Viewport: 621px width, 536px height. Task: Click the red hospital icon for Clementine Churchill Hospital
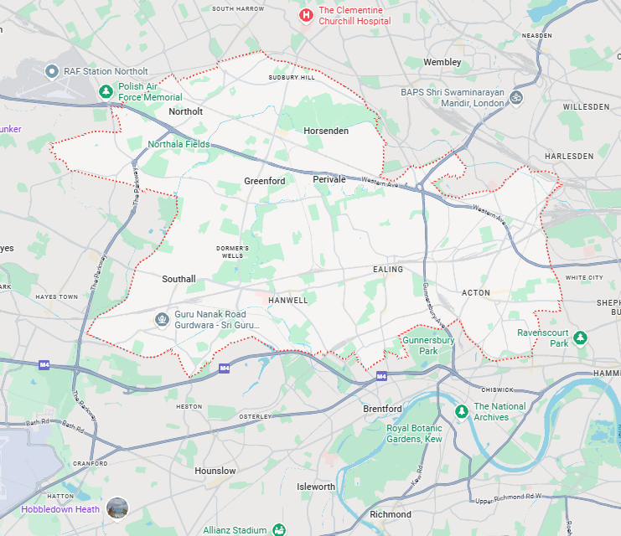(x=307, y=15)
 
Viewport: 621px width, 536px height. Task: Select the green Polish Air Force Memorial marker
(x=106, y=91)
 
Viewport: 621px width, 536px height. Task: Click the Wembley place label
(x=442, y=63)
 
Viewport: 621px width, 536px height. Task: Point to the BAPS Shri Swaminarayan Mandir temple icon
(x=516, y=97)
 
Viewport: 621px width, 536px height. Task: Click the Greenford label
(x=265, y=181)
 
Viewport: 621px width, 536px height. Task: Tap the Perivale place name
(x=329, y=180)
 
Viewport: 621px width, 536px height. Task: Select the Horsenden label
(x=326, y=131)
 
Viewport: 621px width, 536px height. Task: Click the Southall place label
(x=179, y=279)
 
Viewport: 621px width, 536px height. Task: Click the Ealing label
(x=388, y=270)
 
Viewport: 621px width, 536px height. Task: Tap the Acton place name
(x=475, y=292)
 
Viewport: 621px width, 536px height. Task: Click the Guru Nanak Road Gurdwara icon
(x=162, y=318)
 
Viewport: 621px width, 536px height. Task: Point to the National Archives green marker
(x=460, y=412)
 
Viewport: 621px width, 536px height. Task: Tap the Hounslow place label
(x=215, y=472)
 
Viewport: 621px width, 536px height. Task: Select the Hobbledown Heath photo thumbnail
(x=118, y=508)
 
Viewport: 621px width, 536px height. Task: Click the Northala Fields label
(x=179, y=144)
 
